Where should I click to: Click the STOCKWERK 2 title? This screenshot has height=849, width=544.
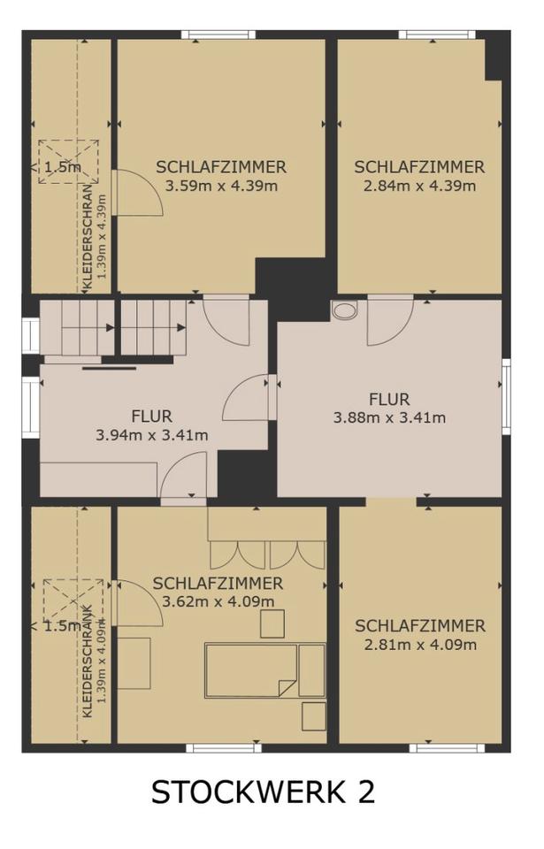[263, 792]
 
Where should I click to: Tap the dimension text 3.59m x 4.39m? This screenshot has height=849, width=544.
[221, 187]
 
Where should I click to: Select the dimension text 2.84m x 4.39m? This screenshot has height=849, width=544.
[419, 187]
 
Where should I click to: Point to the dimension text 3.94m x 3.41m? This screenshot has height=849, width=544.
[152, 435]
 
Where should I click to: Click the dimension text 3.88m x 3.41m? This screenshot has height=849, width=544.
[389, 417]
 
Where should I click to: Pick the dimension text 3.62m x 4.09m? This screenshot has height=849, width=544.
[218, 601]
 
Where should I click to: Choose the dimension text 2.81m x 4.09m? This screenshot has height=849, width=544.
[420, 645]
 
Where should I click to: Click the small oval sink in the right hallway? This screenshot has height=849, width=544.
[345, 310]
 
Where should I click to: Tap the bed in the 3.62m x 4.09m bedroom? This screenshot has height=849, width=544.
[250, 670]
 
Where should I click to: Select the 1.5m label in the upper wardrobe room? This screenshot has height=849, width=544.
[63, 167]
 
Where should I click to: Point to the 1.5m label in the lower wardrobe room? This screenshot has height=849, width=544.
[63, 626]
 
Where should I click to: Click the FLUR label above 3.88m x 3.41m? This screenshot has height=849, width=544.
[389, 400]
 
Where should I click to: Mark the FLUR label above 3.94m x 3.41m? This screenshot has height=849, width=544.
[152, 417]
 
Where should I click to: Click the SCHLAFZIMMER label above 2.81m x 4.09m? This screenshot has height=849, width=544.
[420, 626]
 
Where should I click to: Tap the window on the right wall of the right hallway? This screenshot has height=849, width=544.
[506, 396]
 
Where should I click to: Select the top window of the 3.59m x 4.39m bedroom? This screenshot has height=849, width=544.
[218, 34]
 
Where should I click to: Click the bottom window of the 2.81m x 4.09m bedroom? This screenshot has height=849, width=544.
[447, 748]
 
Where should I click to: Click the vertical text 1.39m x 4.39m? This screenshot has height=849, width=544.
[102, 236]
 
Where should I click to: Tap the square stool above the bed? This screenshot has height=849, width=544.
[272, 623]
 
